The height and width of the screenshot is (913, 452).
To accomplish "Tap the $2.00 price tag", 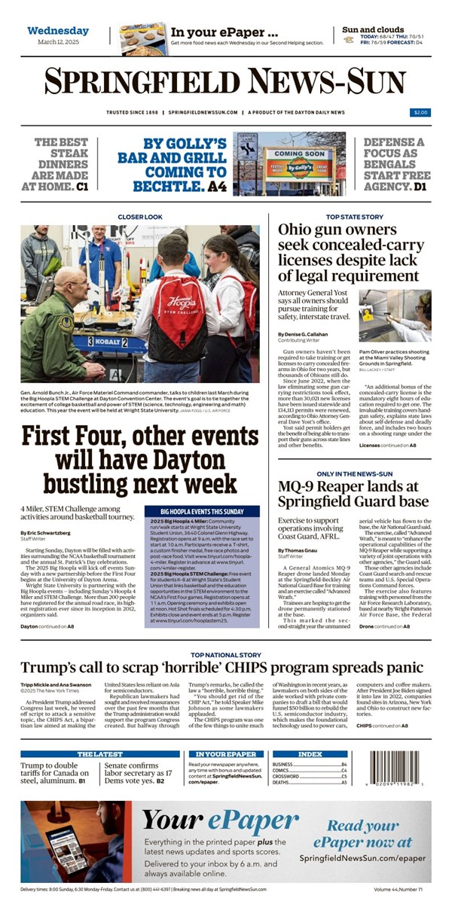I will [x=420, y=112].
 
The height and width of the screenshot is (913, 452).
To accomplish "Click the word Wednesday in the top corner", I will [x=58, y=31].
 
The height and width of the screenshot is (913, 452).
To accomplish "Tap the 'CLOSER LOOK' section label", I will [x=139, y=217].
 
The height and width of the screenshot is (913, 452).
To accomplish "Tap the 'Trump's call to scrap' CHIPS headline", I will [x=221, y=667].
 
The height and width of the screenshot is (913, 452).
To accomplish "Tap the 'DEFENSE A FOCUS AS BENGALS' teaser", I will [x=393, y=163].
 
